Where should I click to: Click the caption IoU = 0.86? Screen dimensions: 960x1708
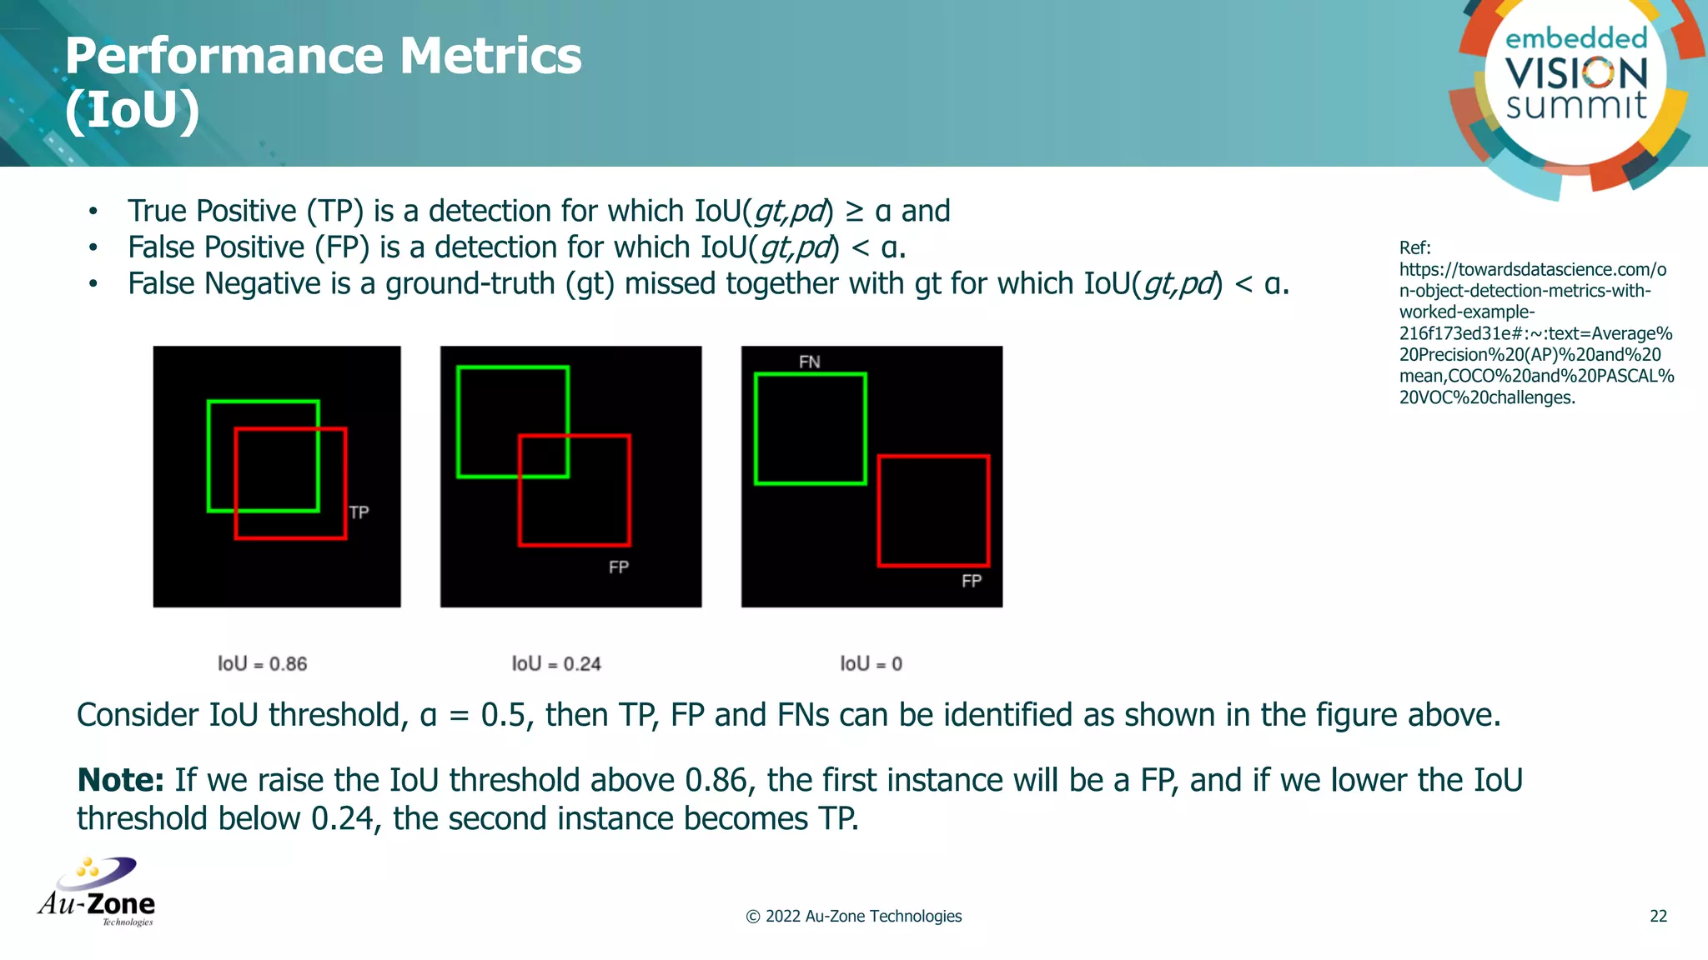coord(262,664)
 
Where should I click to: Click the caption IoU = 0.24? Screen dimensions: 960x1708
coord(556,664)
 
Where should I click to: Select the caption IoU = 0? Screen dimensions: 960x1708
coord(871,664)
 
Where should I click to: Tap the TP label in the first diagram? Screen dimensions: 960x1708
coord(359,512)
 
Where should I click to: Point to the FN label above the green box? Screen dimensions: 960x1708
coord(809,362)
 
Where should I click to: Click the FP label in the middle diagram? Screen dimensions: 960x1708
coord(618,567)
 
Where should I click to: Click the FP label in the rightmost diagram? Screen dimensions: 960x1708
coord(971,581)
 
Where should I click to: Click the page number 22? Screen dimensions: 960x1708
coord(1658,917)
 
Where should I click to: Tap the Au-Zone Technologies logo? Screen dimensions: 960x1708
coord(97,892)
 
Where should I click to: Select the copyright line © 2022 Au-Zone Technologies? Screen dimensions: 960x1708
coord(853,917)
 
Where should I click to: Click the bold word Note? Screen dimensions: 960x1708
coord(120,781)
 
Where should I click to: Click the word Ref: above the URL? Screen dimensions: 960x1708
coord(1414,248)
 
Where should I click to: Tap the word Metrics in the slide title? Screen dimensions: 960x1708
coord(490,57)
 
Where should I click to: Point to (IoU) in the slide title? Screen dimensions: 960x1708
coord(132,111)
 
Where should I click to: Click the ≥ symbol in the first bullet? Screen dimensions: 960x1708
coord(855,212)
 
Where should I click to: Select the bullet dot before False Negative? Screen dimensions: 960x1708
coord(93,285)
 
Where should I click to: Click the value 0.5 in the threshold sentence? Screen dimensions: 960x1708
coord(505,716)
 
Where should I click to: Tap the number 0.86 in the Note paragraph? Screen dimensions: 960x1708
coord(715,781)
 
